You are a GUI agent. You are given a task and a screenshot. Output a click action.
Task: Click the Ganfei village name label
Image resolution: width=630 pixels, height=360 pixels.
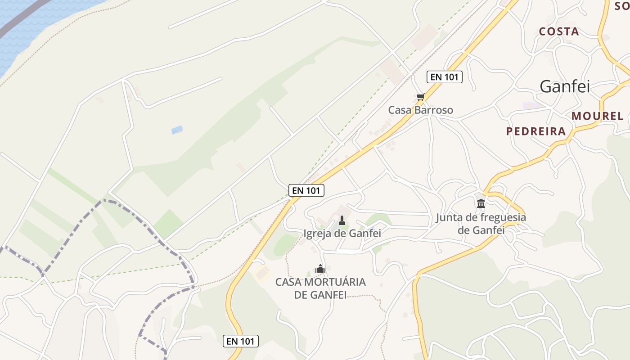564,86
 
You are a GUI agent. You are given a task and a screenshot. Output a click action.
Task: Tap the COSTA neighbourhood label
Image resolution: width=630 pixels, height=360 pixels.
559,31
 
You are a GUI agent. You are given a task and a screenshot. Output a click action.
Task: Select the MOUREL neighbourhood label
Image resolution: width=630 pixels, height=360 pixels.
598,116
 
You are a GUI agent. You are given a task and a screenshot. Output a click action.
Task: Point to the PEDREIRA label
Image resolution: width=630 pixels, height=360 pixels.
535,131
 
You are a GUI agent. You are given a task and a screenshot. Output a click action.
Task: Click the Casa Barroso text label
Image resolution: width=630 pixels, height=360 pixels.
420,110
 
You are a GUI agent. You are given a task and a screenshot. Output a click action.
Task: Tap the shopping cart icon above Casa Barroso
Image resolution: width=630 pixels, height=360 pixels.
420,97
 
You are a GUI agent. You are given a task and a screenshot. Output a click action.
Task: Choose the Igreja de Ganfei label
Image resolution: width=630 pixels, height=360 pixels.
342,234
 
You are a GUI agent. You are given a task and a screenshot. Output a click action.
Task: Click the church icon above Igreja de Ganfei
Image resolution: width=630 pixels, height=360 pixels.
342,220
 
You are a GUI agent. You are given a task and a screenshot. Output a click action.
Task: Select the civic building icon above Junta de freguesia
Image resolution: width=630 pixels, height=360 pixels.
481,203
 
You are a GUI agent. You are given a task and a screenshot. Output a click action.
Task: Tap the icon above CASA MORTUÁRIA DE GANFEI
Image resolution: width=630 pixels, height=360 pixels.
320,269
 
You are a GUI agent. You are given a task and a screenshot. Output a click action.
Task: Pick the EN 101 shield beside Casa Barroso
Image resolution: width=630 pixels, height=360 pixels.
444,77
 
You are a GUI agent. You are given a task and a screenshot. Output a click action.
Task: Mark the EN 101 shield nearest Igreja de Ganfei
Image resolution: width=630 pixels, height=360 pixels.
306,190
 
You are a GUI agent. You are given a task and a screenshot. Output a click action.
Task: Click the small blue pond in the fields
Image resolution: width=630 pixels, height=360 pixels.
177,130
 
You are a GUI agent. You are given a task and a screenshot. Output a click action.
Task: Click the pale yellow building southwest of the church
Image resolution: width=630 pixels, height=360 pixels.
262,272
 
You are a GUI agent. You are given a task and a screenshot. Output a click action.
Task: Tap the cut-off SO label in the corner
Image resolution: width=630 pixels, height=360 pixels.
622,6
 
